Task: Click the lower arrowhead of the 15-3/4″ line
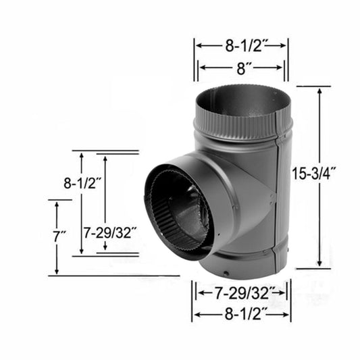[x=317, y=265]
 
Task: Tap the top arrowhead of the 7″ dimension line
[x=57, y=203]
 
